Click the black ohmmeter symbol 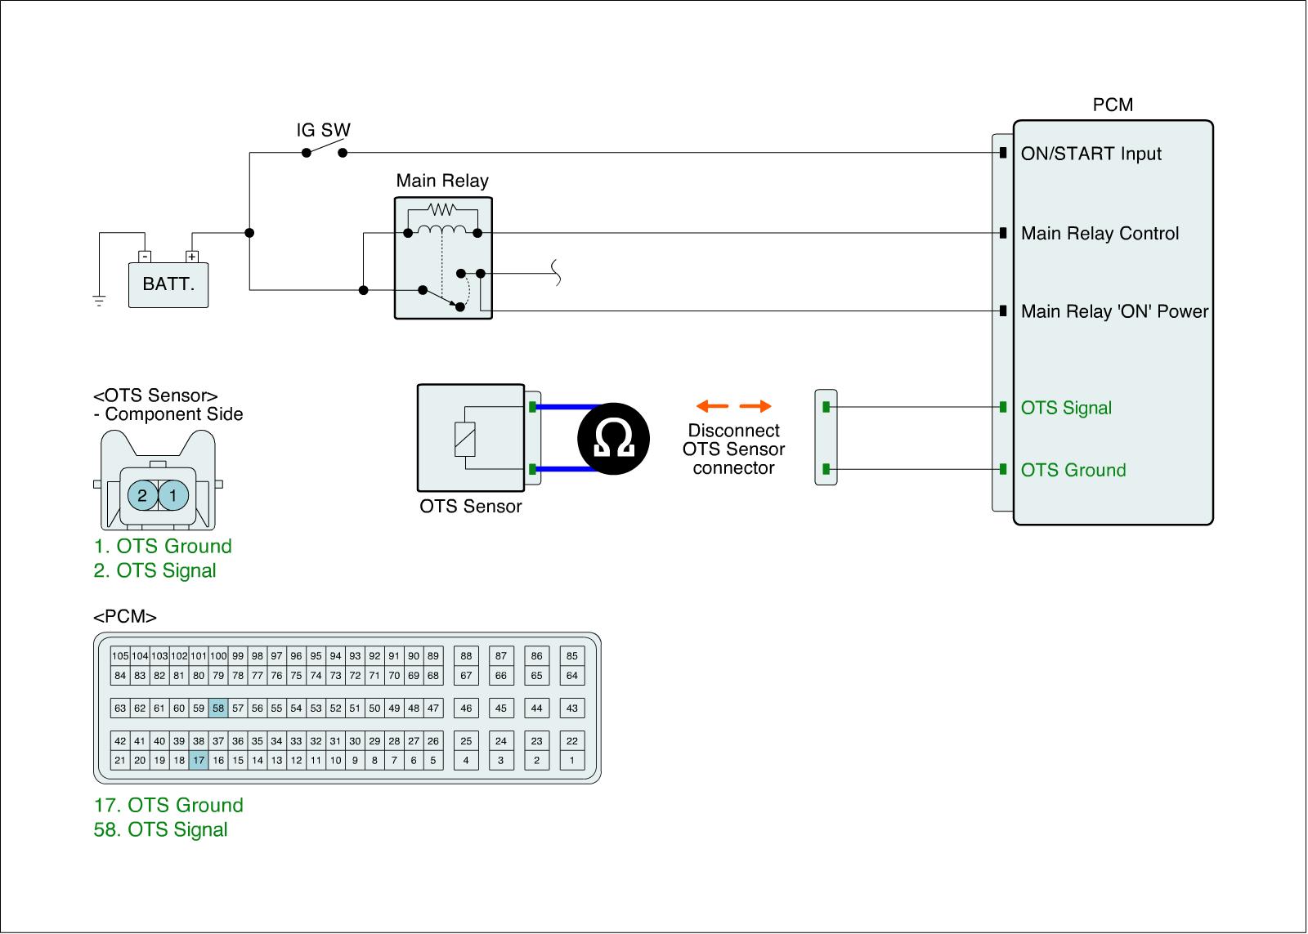coord(613,439)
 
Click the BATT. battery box coord(168,285)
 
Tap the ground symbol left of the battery coord(99,301)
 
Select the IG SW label coord(323,130)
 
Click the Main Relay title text coord(442,181)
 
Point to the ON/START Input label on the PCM coord(1091,154)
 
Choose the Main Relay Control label coord(1100,234)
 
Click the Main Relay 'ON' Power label coord(1115,311)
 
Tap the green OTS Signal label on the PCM coord(1066,408)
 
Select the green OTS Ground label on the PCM coord(1073,470)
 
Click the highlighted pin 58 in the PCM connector coord(218,708)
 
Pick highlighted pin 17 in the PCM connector coord(199,760)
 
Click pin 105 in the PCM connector coord(120,655)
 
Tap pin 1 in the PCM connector coord(571,760)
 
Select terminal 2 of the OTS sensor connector coord(142,496)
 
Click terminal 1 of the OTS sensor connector coord(173,496)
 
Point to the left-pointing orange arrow coord(712,406)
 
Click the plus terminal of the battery coord(191,257)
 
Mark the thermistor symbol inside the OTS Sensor coord(465,438)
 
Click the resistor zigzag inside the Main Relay coord(442,209)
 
